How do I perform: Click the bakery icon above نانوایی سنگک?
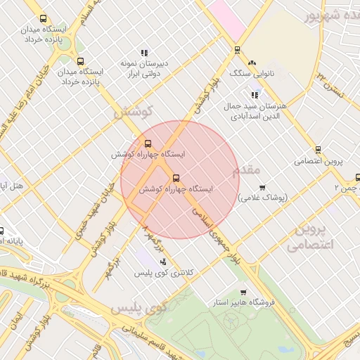252,63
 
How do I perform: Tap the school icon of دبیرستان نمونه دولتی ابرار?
144,53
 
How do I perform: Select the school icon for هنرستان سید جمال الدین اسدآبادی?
255,95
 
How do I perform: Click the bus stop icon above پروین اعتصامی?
318,150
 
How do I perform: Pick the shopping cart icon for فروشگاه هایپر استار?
243,292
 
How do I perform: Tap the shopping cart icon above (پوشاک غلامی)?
262,187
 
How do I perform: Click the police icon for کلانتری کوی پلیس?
163,262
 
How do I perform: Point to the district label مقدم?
245,170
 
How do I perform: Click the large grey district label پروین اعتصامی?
309,237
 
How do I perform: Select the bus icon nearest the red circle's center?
176,178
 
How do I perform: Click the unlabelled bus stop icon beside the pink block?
236,50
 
